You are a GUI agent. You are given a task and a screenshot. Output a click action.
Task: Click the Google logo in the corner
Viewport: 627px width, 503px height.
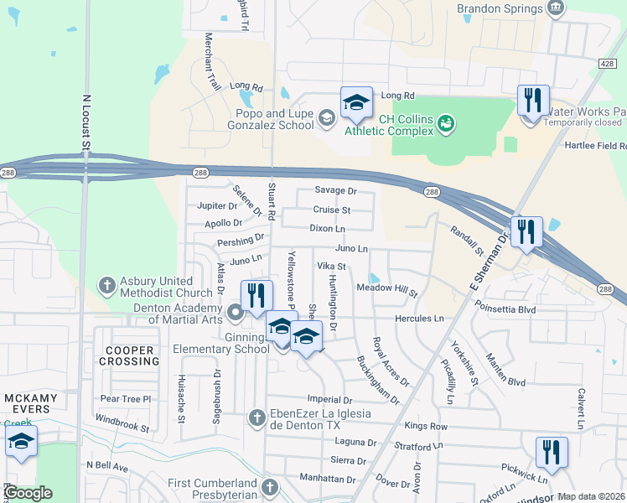point(28,493)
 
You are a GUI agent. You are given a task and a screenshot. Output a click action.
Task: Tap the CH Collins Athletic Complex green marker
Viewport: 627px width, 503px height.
point(446,124)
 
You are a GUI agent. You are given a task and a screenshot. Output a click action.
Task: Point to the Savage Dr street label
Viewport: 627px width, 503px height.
point(335,191)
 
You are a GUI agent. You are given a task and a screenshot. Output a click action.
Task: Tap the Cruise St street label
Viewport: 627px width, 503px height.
point(332,210)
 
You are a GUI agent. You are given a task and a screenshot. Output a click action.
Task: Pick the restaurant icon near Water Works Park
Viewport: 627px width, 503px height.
point(533,102)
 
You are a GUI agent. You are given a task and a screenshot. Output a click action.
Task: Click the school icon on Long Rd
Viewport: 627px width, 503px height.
point(356,103)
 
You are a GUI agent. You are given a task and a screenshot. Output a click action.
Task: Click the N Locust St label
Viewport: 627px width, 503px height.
point(85,122)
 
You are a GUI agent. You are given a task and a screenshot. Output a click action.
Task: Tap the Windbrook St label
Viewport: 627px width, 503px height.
point(122,422)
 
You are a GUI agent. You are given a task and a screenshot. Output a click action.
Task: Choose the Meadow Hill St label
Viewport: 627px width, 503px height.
point(387,289)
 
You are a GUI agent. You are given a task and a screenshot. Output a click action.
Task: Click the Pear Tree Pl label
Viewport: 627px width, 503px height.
point(125,399)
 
